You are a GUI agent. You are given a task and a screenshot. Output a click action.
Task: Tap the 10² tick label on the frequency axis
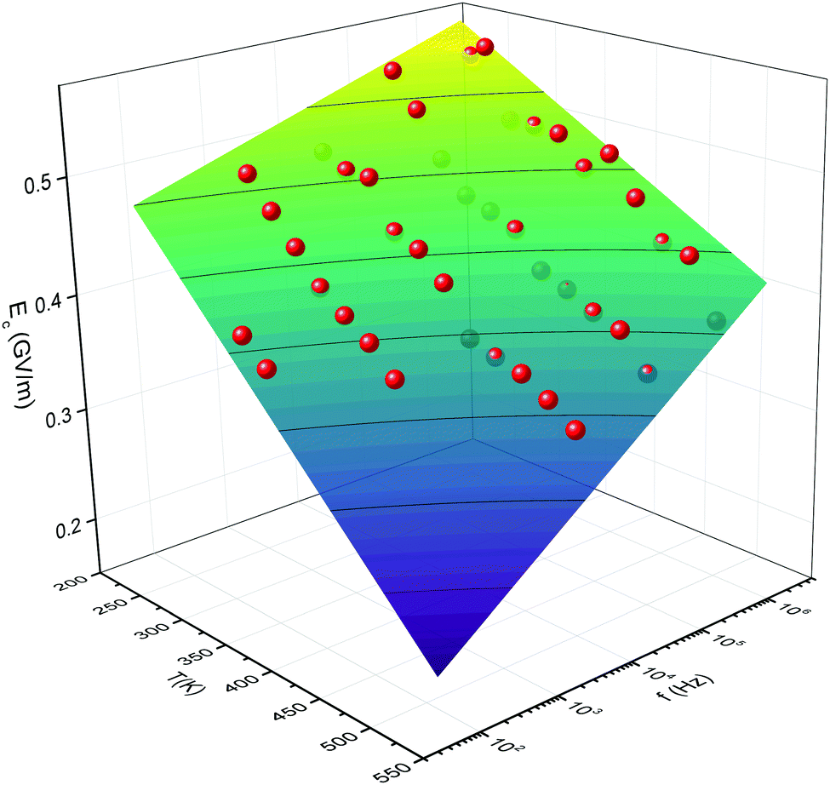pyautogui.click(x=508, y=748)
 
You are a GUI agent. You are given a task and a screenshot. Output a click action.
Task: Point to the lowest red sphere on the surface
pyautogui.click(x=576, y=430)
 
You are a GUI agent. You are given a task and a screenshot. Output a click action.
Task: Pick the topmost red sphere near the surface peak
pyautogui.click(x=485, y=47)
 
